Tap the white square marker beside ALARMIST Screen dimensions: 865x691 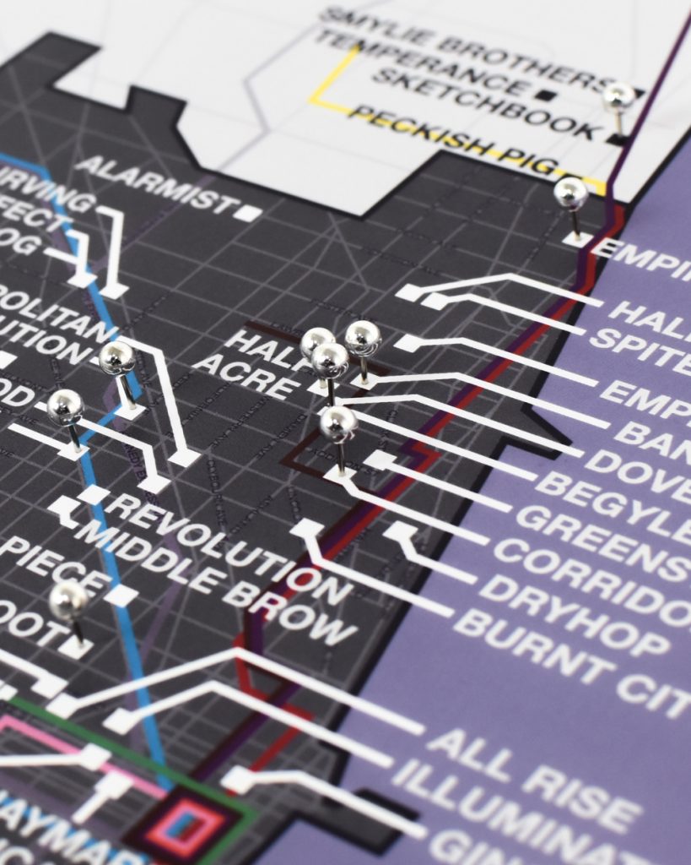[248, 211]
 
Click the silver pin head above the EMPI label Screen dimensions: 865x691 [570, 193]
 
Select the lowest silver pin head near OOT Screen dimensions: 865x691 [68, 601]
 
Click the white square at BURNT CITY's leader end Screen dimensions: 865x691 [306, 528]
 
